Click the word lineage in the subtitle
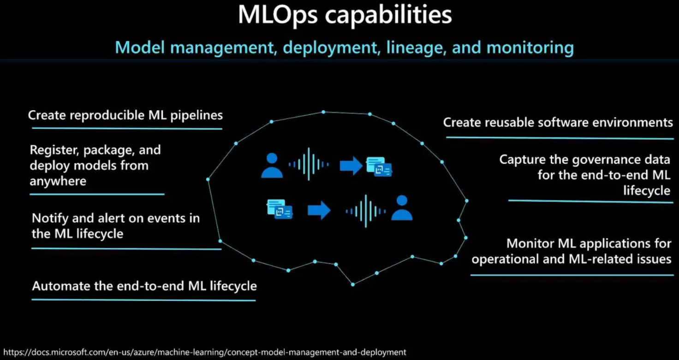pos(416,48)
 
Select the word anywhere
pos(58,181)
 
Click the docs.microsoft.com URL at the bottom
pos(205,352)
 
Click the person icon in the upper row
pos(272,165)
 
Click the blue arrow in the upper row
pos(351,166)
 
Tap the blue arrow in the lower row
pos(319,210)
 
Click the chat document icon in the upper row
pos(379,167)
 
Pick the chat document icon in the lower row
pos(280,209)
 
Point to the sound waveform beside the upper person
pos(309,164)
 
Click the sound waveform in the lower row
pos(366,211)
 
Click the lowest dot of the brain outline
pos(353,284)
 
